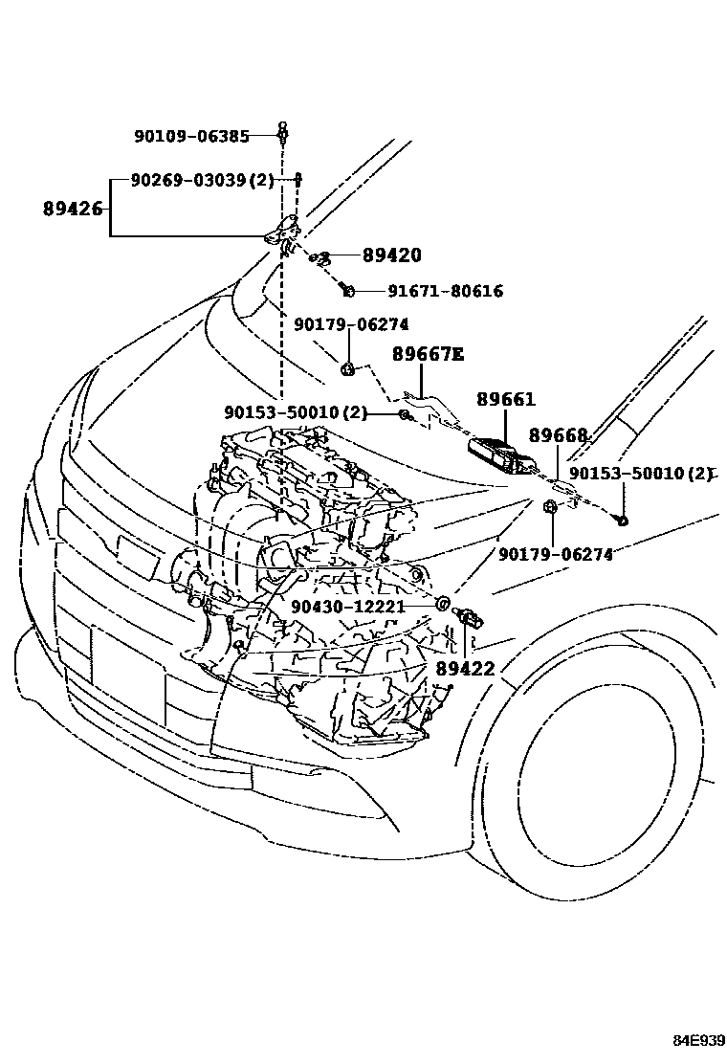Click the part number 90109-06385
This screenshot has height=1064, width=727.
191,137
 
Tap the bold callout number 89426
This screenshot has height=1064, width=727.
72,208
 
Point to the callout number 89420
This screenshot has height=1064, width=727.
391,255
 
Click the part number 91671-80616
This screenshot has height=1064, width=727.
445,291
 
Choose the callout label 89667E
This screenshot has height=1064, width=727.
428,355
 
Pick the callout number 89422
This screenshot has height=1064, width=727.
466,669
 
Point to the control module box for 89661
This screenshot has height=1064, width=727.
502,454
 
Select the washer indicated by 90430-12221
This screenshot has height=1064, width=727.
443,604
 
